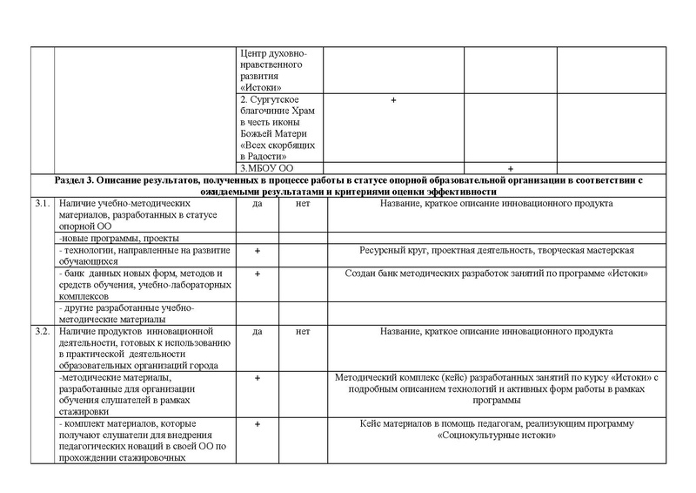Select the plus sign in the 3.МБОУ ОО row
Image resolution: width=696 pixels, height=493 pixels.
coord(510,167)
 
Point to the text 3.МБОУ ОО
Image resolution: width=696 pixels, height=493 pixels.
coord(264,167)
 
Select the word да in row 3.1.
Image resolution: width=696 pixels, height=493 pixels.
coord(258,203)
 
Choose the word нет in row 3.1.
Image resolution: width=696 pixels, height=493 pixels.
coord(303,203)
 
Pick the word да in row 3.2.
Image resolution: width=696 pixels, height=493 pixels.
coord(258,332)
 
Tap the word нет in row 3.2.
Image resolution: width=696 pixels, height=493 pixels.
coord(303,332)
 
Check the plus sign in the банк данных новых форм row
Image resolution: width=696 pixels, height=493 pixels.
coord(258,274)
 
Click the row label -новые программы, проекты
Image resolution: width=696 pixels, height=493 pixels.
coord(118,238)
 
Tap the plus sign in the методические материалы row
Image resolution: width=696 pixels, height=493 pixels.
coord(258,378)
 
